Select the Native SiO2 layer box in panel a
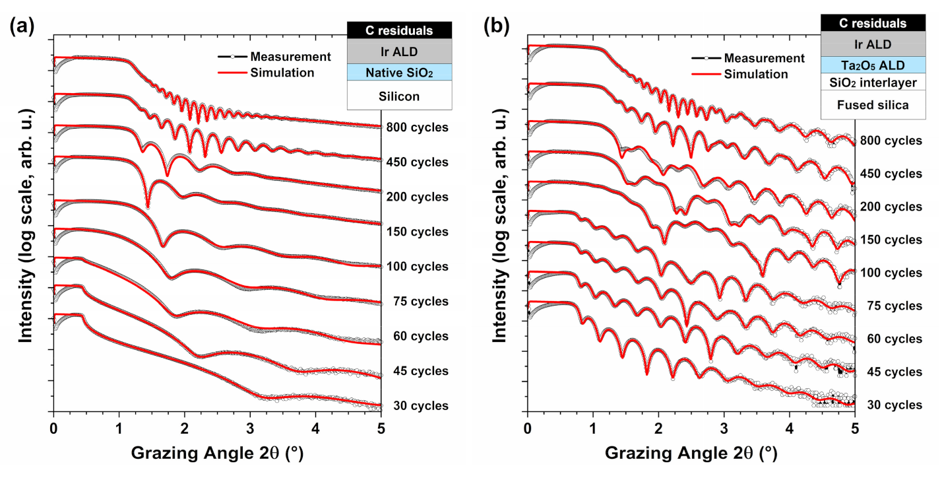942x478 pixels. (x=399, y=72)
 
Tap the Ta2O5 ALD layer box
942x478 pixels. (x=871, y=65)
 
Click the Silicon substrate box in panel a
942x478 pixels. (x=399, y=96)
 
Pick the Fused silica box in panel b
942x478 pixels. (x=871, y=104)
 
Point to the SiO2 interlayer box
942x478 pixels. (x=871, y=82)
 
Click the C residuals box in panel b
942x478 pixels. (x=871, y=23)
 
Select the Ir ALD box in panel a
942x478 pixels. (x=399, y=51)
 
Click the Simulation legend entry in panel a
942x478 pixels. (x=282, y=73)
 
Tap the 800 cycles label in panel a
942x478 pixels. (x=418, y=127)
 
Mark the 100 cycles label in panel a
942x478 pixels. (x=418, y=267)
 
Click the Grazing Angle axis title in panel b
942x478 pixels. (x=692, y=454)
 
